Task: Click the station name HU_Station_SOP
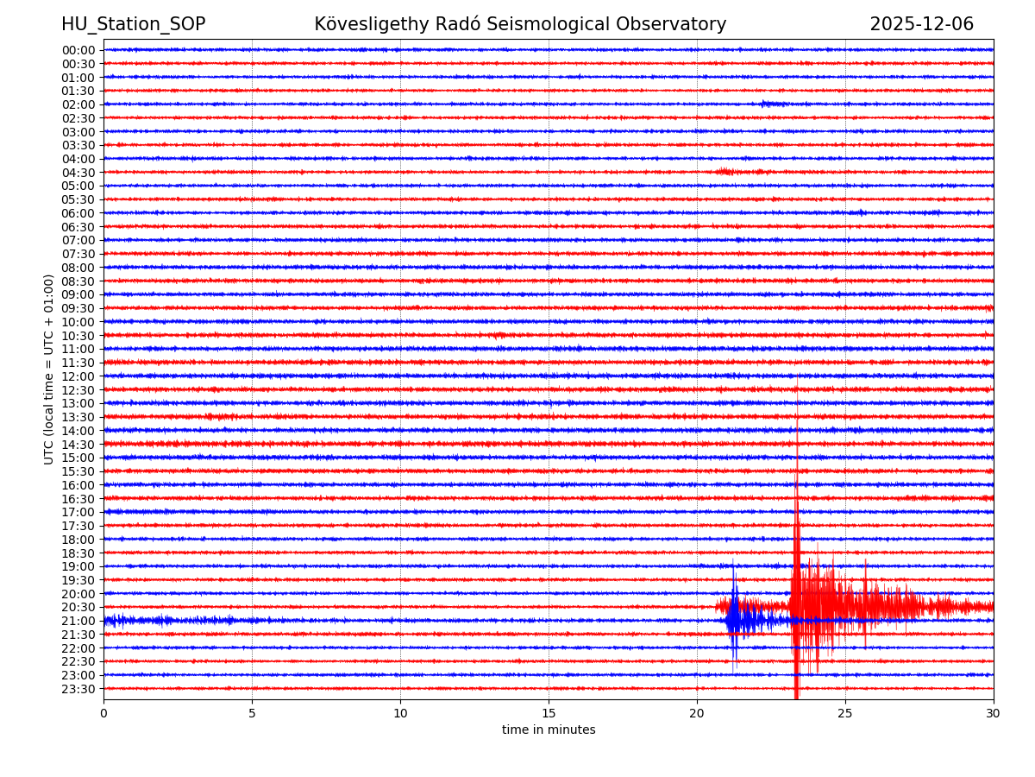click(x=133, y=24)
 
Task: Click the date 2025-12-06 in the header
click(x=921, y=24)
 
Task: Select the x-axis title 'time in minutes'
click(x=549, y=730)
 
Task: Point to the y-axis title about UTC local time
click(x=49, y=369)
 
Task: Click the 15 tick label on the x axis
click(x=549, y=713)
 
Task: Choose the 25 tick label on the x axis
click(x=845, y=713)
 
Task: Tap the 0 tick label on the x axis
click(x=103, y=713)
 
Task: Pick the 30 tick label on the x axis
click(x=994, y=713)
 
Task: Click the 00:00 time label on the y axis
click(x=78, y=50)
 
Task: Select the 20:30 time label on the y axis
click(x=78, y=608)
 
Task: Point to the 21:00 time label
click(x=78, y=621)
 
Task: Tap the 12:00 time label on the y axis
click(x=78, y=376)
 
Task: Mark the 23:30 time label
click(x=78, y=689)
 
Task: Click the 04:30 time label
click(x=78, y=173)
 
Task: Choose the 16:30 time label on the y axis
click(x=78, y=499)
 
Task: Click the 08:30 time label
click(x=78, y=281)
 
